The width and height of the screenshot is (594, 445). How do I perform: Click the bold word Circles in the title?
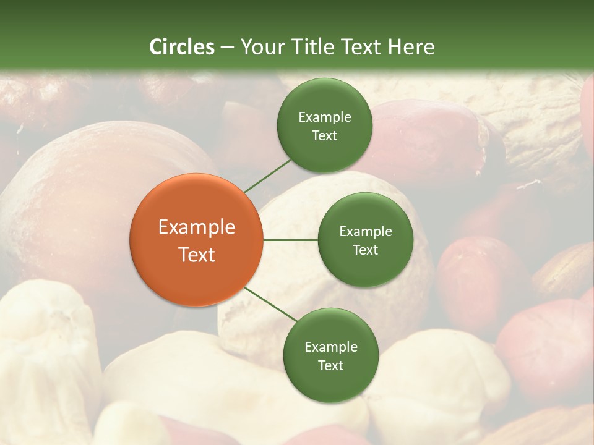181,47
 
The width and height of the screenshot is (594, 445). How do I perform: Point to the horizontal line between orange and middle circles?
290,239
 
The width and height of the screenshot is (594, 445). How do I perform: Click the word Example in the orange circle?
197,227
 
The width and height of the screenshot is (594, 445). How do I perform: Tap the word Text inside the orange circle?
197,255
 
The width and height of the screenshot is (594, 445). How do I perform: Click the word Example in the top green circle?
324,117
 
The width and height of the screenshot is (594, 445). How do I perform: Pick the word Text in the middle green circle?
365,250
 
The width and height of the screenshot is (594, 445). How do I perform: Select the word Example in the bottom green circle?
330,347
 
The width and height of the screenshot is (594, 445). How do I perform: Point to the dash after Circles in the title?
226,47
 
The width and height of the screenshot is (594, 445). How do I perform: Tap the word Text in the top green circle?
324,135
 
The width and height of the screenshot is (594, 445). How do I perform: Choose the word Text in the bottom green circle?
330,365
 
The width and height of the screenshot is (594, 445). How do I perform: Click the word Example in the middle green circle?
365,232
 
